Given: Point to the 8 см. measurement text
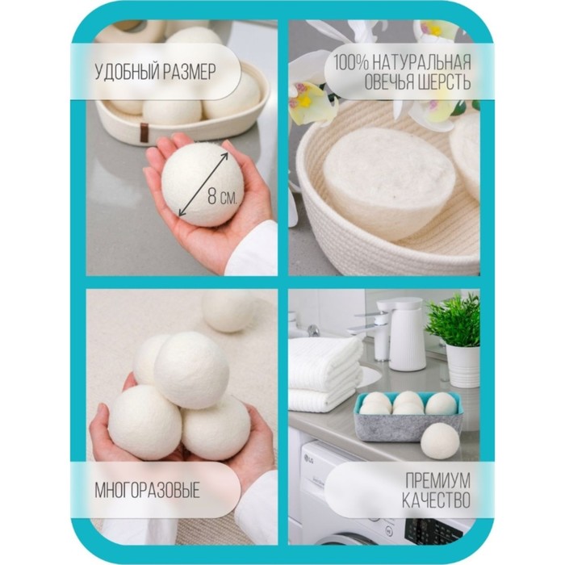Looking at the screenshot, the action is [222, 197].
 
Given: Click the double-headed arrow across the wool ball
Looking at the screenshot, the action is [203, 184].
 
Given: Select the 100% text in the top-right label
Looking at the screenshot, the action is [350, 62].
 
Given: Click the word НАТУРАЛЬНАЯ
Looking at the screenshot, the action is [421, 62].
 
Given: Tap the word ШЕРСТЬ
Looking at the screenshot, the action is [444, 82].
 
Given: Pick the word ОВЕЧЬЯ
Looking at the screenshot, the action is [389, 82].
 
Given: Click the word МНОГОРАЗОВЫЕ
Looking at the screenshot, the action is [148, 491].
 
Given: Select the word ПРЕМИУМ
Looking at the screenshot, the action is [437, 480].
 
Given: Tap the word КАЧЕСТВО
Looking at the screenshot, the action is [436, 500].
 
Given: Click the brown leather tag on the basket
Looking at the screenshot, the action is [144, 131].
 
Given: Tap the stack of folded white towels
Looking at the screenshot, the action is [324, 375].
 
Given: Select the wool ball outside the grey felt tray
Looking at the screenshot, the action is [440, 442].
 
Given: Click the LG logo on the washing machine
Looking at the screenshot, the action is [309, 458].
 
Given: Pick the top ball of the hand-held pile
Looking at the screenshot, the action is [191, 370].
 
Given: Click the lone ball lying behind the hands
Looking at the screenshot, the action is [228, 311].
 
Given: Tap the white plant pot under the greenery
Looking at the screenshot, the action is [463, 366].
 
